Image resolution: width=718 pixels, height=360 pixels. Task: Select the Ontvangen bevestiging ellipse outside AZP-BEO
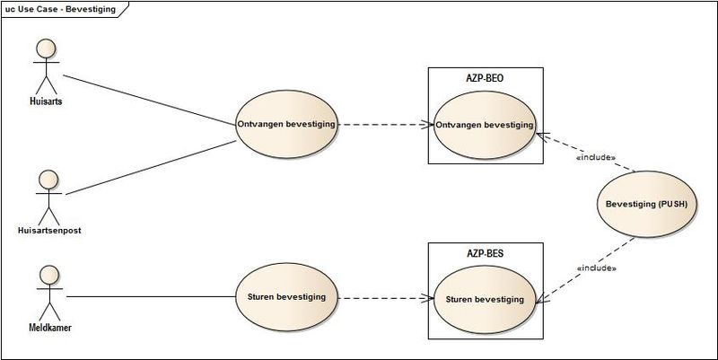coord(287,125)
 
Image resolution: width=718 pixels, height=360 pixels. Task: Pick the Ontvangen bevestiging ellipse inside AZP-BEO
coord(484,125)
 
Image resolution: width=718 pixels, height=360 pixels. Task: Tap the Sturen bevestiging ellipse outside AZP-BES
coord(287,295)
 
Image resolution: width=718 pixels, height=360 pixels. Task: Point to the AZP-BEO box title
coord(484,78)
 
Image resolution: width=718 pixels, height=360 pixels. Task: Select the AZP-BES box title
coord(484,254)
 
